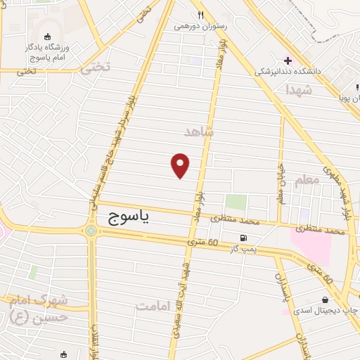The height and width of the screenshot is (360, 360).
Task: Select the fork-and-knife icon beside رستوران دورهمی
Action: click(x=200, y=15)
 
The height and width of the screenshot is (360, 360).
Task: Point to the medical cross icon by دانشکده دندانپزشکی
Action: click(x=288, y=60)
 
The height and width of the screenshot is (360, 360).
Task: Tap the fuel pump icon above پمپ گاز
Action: click(x=244, y=238)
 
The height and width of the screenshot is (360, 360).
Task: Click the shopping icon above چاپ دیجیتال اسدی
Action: click(x=323, y=299)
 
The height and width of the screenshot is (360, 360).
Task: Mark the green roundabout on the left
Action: click(x=91, y=229)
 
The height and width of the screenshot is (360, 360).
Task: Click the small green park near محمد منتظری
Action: click(x=236, y=202)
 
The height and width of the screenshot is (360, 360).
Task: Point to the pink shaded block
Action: click(x=312, y=246)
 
